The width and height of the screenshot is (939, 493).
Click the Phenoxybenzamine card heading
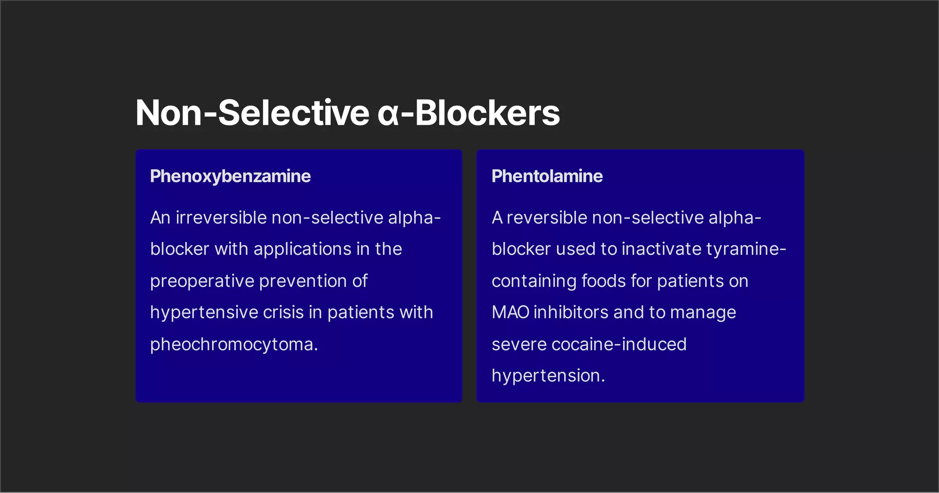230,176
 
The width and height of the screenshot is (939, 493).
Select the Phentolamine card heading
547,176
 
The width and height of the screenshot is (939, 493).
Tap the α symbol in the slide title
388,113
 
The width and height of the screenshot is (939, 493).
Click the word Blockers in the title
487,113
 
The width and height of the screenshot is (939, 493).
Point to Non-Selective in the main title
252,113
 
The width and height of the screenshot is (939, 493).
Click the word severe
519,345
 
